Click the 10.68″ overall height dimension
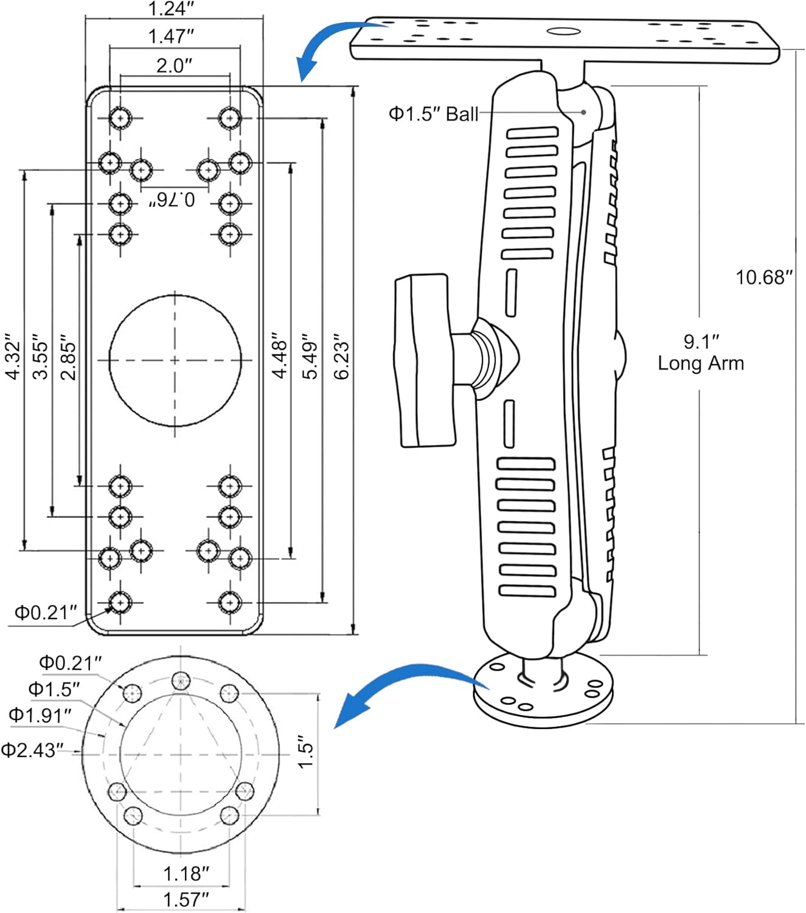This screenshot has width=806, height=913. (x=764, y=278)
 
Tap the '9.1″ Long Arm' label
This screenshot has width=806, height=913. (x=701, y=352)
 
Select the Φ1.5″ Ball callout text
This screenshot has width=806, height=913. (x=434, y=114)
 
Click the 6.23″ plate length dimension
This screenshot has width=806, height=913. (x=342, y=356)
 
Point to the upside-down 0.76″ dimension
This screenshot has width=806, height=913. (x=172, y=199)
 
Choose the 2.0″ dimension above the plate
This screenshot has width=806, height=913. (x=174, y=65)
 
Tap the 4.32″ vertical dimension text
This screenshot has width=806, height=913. (x=13, y=356)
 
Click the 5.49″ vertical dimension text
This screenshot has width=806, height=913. (x=310, y=356)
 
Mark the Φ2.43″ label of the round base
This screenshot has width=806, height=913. (x=32, y=750)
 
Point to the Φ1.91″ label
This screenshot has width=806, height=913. (x=40, y=715)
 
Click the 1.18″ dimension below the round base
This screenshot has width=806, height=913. (x=186, y=873)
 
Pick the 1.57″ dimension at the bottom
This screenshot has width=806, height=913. (x=186, y=899)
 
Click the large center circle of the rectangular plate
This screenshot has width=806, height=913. (x=175, y=360)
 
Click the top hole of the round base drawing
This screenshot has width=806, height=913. (x=181, y=681)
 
